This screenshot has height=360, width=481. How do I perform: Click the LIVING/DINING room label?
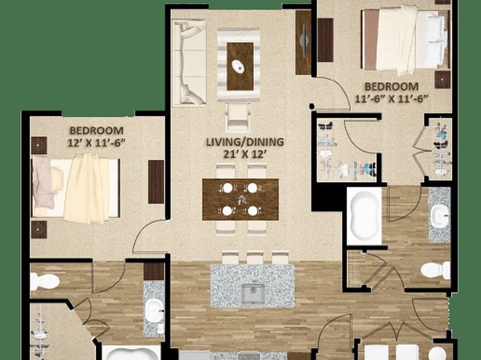245,142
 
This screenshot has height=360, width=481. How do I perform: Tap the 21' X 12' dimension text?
245,154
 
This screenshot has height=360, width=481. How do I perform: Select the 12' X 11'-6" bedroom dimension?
96,143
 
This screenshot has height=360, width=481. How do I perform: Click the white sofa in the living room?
190,63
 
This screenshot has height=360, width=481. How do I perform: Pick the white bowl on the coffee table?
238,66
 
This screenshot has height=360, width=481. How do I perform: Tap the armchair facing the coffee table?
238,118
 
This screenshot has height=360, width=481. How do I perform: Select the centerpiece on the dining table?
242,199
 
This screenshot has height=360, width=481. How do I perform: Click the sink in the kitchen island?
253,294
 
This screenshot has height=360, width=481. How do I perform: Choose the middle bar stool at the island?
256,257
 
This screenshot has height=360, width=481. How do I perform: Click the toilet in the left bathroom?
44,282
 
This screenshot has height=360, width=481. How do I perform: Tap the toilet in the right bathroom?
436,270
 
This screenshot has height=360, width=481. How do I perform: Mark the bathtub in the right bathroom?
364,216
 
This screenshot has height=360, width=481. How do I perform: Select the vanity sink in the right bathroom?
440,216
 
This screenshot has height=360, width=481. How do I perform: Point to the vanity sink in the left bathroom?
154,310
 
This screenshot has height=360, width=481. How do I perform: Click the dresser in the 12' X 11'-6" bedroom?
156,182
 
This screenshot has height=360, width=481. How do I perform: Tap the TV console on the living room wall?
303,42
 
